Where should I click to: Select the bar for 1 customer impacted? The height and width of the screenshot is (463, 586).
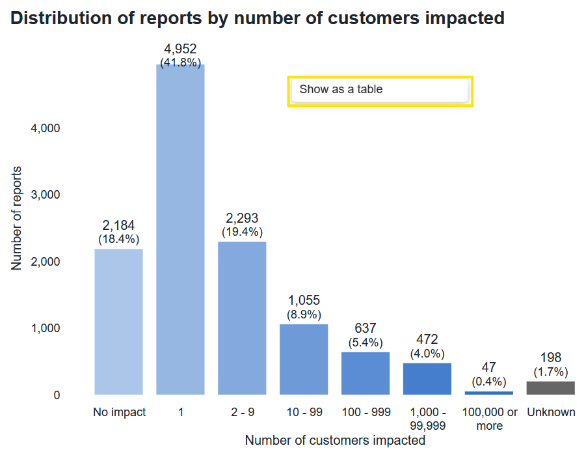pos(180,229)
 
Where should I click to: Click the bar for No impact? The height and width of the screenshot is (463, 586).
pos(118,322)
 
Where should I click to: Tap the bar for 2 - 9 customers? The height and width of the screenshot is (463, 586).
pos(242,318)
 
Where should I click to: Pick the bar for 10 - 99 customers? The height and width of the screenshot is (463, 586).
pos(304,359)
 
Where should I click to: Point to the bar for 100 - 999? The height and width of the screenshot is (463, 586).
pos(366,373)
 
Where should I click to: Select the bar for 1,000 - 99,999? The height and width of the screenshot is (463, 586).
pos(427,379)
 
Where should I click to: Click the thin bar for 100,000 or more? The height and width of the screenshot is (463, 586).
pos(489,393)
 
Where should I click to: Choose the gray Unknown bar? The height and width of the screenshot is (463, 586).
pos(550,387)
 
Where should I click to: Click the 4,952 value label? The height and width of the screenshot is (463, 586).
pos(180,49)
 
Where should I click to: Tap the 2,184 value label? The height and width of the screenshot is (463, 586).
pos(118,225)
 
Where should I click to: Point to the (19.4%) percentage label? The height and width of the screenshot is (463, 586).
pos(242,232)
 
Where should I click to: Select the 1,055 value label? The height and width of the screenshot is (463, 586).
pos(304,300)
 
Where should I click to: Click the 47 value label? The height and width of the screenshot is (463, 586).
pos(489,367)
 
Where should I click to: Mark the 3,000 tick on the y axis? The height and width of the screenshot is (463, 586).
pos(46,195)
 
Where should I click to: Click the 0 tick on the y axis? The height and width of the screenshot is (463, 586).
pos(57,395)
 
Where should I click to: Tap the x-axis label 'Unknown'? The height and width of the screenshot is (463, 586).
pos(551,412)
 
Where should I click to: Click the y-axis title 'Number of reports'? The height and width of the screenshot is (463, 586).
pos(16,218)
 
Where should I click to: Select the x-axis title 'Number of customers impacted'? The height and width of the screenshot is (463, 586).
pos(335,440)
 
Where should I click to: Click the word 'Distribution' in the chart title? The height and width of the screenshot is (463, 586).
pos(61,18)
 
